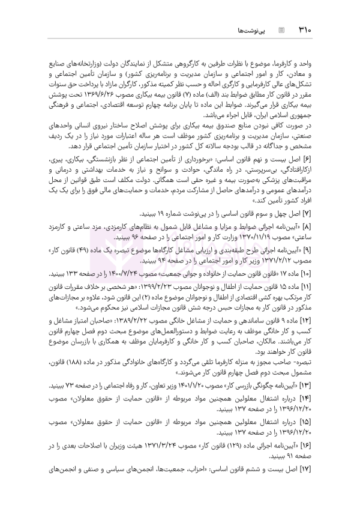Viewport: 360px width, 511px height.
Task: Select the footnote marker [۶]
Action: (314, 162)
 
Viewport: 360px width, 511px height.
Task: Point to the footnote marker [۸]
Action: (314, 229)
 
